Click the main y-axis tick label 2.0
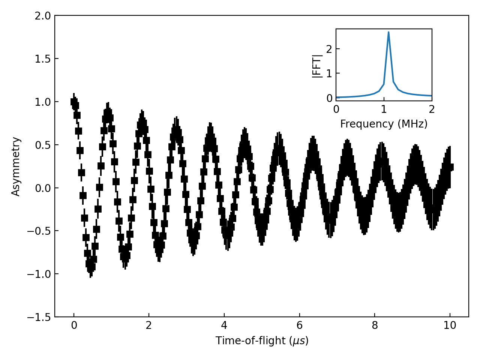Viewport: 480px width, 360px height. pyautogui.click(x=42, y=16)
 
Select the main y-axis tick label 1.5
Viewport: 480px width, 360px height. pyautogui.click(x=42, y=59)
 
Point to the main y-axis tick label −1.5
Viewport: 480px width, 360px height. pyautogui.click(x=39, y=317)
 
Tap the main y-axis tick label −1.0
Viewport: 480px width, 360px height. pyautogui.click(x=39, y=274)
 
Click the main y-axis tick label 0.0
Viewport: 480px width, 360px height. pyautogui.click(x=42, y=188)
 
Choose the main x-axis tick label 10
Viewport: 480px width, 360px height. pyautogui.click(x=450, y=325)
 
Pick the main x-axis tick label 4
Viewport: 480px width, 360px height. pyautogui.click(x=224, y=325)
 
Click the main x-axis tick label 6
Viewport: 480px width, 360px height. pyautogui.click(x=299, y=325)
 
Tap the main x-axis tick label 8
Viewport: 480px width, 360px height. pyautogui.click(x=375, y=325)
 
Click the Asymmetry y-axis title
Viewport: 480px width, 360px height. pyautogui.click(x=16, y=166)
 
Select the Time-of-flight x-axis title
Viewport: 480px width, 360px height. pyautogui.click(x=262, y=340)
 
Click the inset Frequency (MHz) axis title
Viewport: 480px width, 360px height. pyautogui.click(x=384, y=124)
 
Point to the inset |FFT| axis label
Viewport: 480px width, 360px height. pyautogui.click(x=317, y=66)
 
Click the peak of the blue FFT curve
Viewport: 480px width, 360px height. pyautogui.click(x=388, y=32)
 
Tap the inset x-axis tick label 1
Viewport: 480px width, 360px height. pyautogui.click(x=384, y=109)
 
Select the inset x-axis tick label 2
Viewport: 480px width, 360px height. pyautogui.click(x=432, y=109)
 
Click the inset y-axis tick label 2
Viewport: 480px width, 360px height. pyautogui.click(x=329, y=49)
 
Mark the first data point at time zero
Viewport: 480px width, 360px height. pyautogui.click(x=74, y=102)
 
